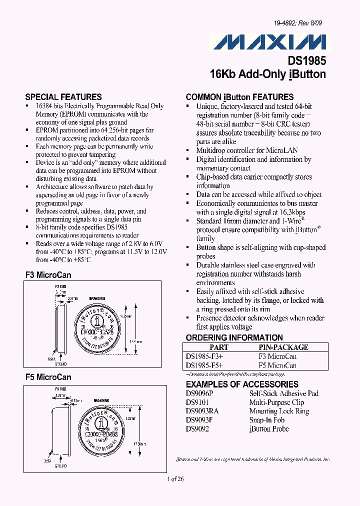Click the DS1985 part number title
click(x=306, y=60)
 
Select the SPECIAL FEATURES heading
click(x=63, y=97)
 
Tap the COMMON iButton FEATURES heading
click(x=239, y=97)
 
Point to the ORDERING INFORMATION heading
click(x=234, y=337)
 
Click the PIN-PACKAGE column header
click(x=283, y=347)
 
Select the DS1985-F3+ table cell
click(x=204, y=356)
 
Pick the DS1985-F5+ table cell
click(x=204, y=365)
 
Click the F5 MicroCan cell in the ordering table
click(x=277, y=365)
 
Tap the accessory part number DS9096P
click(x=199, y=393)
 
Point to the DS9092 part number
click(x=197, y=429)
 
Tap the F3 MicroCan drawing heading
click(x=48, y=275)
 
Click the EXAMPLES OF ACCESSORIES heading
click(x=242, y=384)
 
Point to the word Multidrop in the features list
click(x=211, y=150)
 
